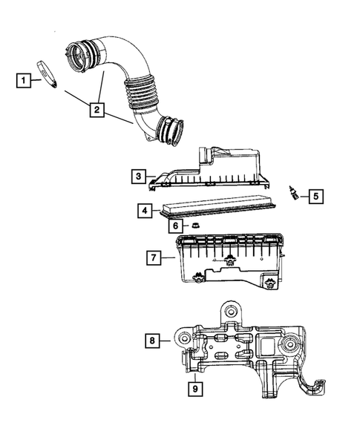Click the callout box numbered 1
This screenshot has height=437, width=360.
tap(24, 79)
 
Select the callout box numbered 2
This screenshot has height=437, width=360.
tap(95, 111)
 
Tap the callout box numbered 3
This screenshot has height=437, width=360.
tap(138, 176)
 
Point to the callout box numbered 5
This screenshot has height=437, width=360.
tap(315, 196)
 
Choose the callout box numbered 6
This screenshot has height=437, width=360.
tap(175, 226)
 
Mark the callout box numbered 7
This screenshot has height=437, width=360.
tap(152, 257)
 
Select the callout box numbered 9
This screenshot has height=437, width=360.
tap(194, 386)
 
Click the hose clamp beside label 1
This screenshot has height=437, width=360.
tap(48, 75)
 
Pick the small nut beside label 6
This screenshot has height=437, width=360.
tap(196, 225)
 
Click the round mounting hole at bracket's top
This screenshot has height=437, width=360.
tap(229, 312)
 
